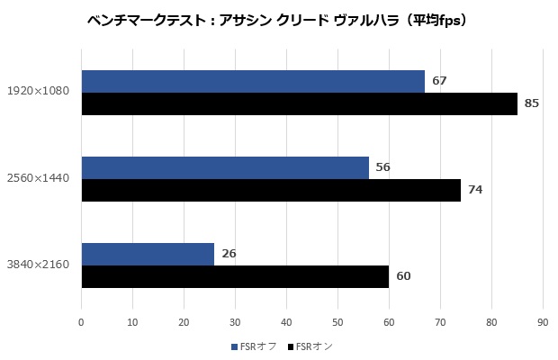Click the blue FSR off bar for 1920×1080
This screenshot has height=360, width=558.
pyautogui.click(x=252, y=81)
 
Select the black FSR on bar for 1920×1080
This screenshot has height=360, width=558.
pyautogui.click(x=299, y=103)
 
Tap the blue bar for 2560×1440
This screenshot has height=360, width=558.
pyautogui.click(x=225, y=167)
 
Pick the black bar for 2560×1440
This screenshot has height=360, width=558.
pyautogui.click(x=270, y=190)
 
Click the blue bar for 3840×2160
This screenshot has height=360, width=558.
pyautogui.click(x=148, y=254)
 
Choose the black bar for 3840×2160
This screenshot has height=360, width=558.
pyautogui.click(x=234, y=276)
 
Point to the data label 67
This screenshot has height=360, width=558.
pyautogui.click(x=439, y=81)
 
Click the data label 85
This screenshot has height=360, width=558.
pyautogui.click(x=531, y=103)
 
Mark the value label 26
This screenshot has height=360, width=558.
pyautogui.click(x=229, y=254)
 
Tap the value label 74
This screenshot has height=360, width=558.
pyautogui.click(x=475, y=190)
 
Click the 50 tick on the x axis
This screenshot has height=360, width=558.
pyautogui.click(x=337, y=320)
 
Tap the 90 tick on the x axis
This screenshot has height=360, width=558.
pyautogui.click(x=543, y=320)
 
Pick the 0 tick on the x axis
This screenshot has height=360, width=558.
pyautogui.click(x=82, y=320)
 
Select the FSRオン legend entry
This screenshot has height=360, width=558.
pyautogui.click(x=309, y=346)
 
